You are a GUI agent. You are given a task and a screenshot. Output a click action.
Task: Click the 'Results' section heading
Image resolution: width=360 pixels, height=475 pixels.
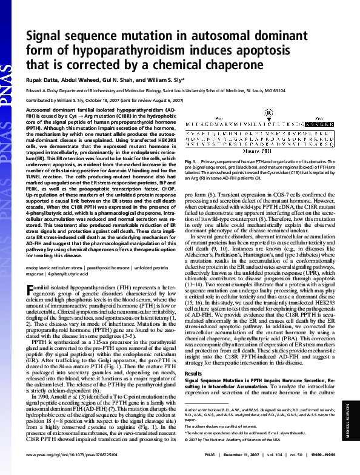pos(193,356)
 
